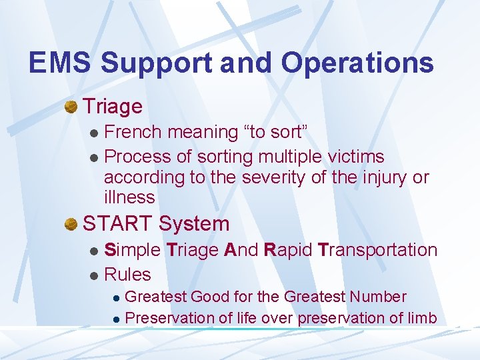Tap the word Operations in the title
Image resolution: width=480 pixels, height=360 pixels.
coord(357,63)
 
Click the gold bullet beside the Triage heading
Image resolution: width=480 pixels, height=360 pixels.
coord(71,106)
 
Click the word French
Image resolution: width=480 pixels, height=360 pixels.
coord(133,132)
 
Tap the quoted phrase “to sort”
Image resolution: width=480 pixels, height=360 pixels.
coord(277,132)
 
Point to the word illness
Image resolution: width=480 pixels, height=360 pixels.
coord(129,197)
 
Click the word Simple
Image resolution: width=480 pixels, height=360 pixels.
coord(133,250)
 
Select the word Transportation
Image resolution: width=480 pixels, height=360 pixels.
coord(377,250)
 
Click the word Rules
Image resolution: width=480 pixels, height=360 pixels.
coord(128,274)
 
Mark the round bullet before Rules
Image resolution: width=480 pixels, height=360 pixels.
coord(94,275)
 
